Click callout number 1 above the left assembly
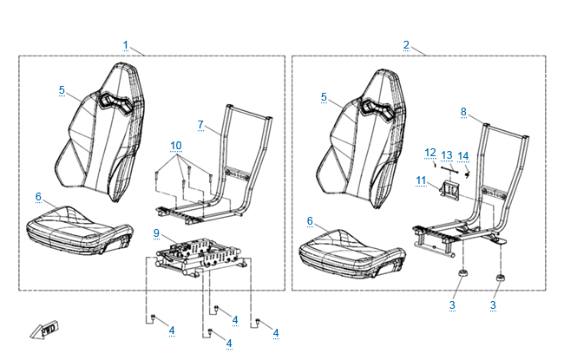tap(126, 44)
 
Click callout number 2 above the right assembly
tap(406, 44)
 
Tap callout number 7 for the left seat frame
tap(200, 125)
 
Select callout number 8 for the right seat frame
tap(463, 112)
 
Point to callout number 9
tap(156, 233)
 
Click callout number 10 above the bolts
tap(176, 144)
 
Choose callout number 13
tap(447, 154)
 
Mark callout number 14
tap(463, 155)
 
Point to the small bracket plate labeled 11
tap(451, 188)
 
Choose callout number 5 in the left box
tap(62, 89)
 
